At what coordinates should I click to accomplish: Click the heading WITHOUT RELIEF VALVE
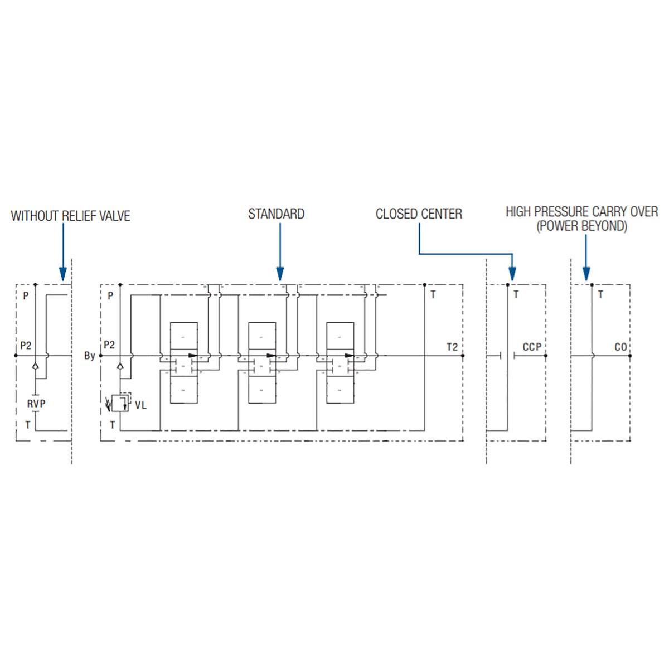70,216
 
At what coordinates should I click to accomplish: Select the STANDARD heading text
277,214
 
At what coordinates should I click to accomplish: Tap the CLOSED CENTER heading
419,214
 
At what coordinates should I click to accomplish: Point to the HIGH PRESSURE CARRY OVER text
581,212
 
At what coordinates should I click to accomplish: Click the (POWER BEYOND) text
581,226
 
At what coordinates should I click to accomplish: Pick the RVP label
36,404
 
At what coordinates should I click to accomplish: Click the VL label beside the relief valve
141,405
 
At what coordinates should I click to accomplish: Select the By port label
89,356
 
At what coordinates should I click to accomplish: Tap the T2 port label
452,347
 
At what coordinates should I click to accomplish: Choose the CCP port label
532,347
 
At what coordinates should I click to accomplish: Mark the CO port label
620,347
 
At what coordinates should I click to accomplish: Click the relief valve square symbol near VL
120,403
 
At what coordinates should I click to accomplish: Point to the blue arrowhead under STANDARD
280,274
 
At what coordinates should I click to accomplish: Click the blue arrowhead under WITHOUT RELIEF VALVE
63,274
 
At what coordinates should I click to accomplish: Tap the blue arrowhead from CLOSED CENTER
512,274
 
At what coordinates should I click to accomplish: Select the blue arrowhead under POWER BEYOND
586,274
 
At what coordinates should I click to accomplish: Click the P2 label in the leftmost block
26,346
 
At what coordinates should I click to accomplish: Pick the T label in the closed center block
516,294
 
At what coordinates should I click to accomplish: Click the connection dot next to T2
463,356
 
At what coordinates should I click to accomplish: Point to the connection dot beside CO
631,356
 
